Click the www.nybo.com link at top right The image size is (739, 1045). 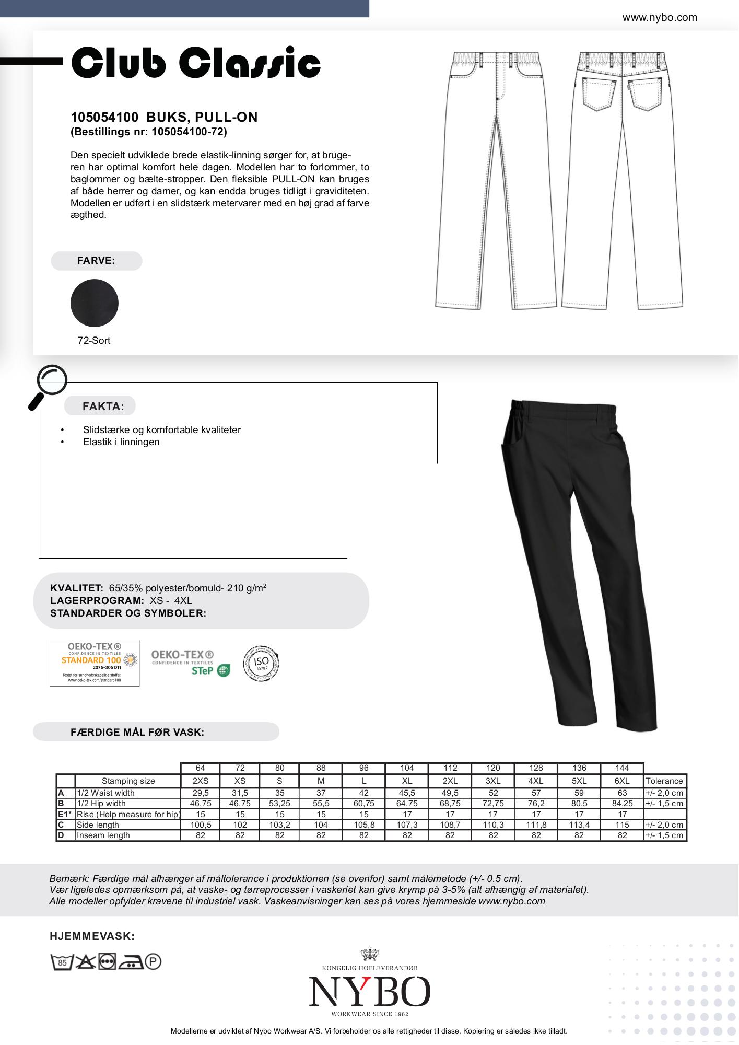[659, 17]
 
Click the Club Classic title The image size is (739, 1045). [195, 63]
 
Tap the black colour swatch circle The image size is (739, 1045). [95, 303]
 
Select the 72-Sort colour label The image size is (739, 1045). [94, 341]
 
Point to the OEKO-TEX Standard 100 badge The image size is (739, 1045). [95, 663]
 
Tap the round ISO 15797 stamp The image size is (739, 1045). [261, 663]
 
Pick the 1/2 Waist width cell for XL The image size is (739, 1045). [407, 793]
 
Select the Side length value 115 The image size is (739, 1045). [622, 825]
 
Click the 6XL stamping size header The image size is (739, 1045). [622, 781]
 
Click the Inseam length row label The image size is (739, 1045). [103, 835]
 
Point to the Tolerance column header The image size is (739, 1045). [664, 781]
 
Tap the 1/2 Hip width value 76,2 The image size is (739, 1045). [536, 803]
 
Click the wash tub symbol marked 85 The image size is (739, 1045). [62, 961]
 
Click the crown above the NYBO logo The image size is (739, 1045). [369, 954]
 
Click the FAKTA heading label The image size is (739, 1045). [103, 406]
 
